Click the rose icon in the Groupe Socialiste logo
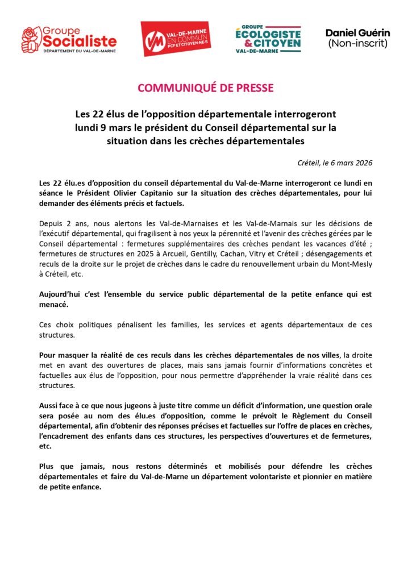click(32, 38)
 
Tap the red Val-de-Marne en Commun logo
click(176, 39)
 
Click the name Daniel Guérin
click(357, 33)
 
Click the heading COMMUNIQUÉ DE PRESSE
click(206, 88)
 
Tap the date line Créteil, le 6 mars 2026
click(335, 163)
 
